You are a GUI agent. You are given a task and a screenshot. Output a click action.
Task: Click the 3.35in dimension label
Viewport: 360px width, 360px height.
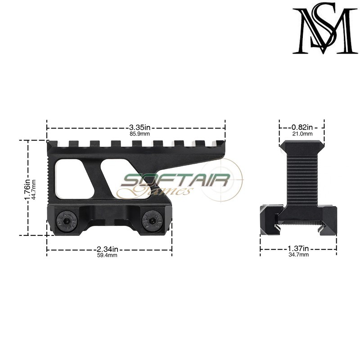point(136,127)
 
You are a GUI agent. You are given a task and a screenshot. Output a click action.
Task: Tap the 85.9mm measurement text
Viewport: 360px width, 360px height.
point(136,134)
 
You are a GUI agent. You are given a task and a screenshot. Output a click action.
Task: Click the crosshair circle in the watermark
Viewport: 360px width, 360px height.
point(220,182)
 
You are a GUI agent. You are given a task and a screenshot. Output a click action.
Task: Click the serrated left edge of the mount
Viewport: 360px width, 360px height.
point(49,175)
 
